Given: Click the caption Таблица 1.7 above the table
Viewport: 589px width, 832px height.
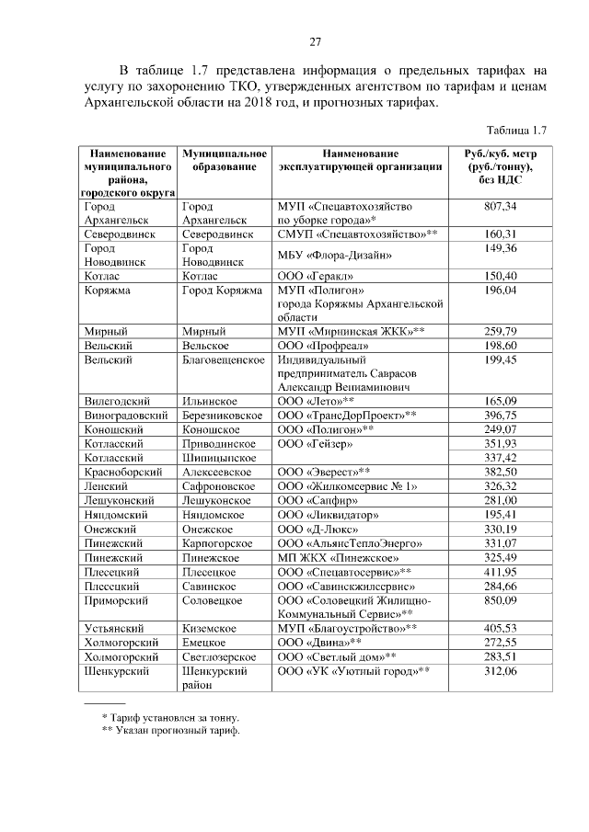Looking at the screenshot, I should click(x=515, y=129).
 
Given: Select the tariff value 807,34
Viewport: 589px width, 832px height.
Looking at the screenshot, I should click(x=500, y=207).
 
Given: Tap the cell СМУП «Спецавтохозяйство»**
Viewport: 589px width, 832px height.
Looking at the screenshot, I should click(x=357, y=234).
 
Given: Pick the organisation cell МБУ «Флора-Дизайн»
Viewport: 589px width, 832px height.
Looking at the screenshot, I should click(x=335, y=255).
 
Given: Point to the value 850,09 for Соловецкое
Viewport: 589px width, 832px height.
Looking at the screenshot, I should click(x=500, y=600).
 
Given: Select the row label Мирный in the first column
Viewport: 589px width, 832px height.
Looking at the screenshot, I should click(x=104, y=330).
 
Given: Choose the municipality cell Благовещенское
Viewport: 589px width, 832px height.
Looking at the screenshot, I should click(x=225, y=359).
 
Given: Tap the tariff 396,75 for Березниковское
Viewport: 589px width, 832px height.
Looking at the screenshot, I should click(x=500, y=415).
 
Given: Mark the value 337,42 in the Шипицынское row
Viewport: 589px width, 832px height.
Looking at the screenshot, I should click(x=500, y=456).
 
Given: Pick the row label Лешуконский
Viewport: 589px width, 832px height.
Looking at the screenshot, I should click(x=119, y=500).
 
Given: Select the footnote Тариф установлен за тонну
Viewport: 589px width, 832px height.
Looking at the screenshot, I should click(x=176, y=716).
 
